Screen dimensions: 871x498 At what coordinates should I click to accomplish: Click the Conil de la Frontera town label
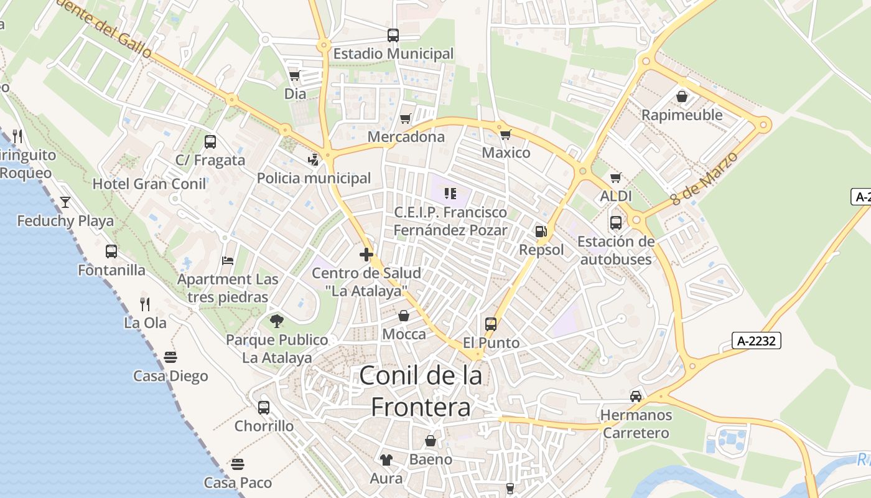[x=421, y=391]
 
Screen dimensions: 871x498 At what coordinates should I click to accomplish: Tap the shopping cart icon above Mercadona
[x=406, y=118]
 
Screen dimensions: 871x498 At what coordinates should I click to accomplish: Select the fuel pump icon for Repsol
[x=541, y=232]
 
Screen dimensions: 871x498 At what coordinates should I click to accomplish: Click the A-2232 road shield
[x=757, y=341]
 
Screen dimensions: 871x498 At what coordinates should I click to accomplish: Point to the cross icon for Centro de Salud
[x=366, y=254]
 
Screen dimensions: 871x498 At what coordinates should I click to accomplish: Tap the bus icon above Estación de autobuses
[x=616, y=222]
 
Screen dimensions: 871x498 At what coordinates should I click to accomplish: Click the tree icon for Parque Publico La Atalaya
[x=277, y=321]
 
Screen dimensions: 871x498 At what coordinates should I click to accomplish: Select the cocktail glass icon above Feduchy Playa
[x=65, y=202]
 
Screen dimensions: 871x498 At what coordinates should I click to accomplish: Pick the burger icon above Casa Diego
[x=170, y=357]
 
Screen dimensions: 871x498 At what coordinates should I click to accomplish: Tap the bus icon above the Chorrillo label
[x=264, y=408]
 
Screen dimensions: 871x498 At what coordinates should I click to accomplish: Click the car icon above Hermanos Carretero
[x=636, y=396]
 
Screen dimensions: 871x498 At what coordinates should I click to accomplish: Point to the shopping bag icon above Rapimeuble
[x=682, y=96]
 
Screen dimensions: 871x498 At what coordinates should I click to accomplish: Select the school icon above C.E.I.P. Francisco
[x=450, y=194]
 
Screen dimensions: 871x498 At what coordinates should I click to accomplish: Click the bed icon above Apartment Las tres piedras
[x=228, y=260]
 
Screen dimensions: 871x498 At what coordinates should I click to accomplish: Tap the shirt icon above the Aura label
[x=386, y=460]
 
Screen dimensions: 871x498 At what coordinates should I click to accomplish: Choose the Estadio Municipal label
[x=393, y=54]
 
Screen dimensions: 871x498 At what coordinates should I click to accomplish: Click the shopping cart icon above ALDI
[x=616, y=177]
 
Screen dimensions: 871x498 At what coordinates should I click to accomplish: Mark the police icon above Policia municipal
[x=314, y=159]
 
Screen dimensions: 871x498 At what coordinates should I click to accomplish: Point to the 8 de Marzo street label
[x=704, y=178]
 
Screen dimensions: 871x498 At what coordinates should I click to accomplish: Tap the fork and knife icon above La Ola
[x=145, y=304]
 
